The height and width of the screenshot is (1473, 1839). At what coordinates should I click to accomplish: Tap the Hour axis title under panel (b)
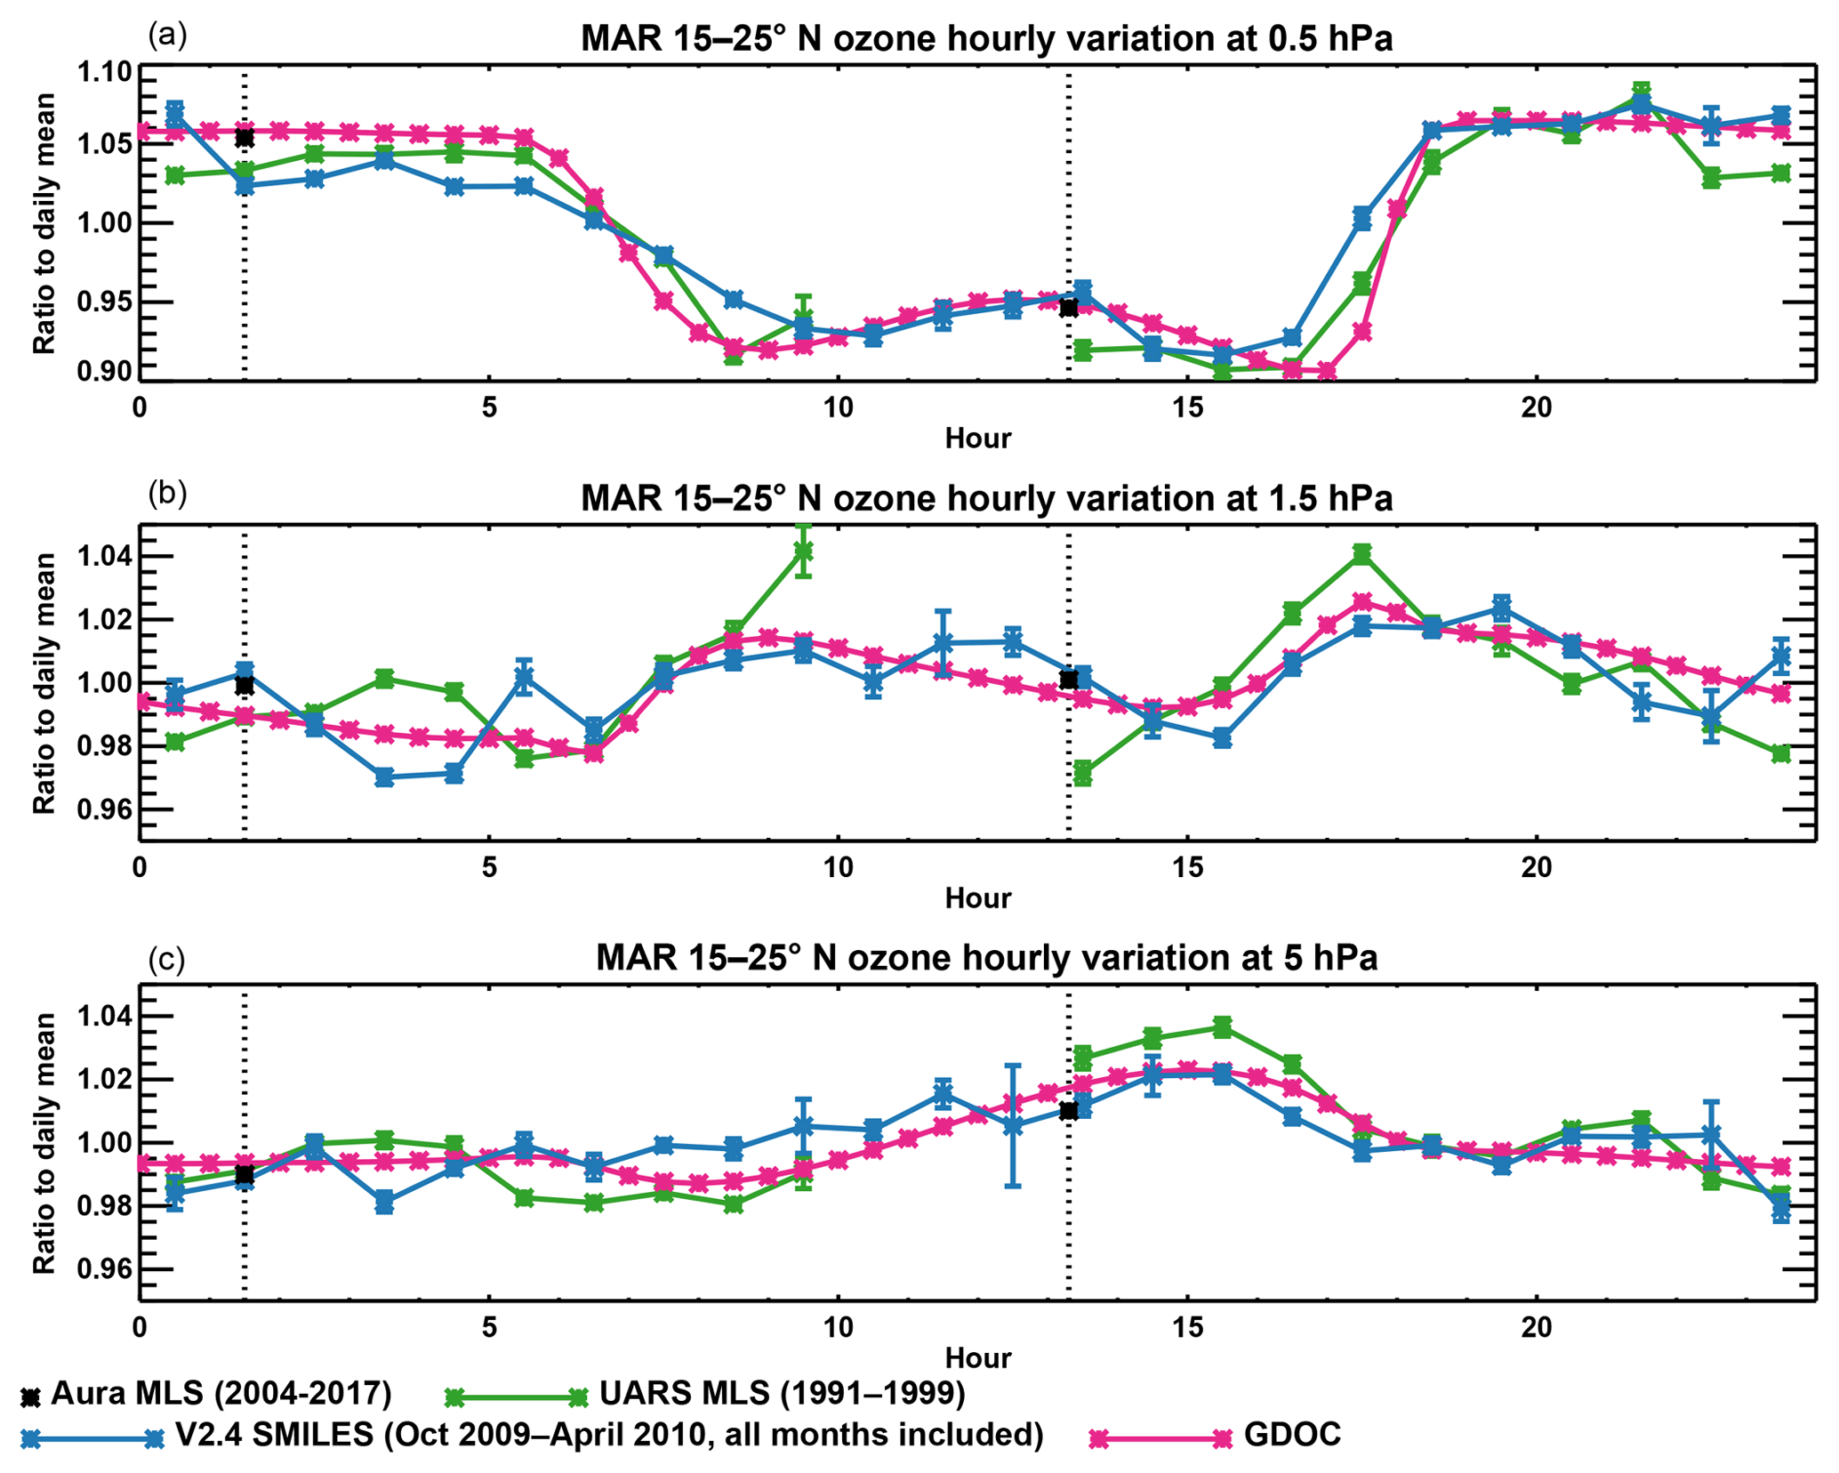tap(977, 897)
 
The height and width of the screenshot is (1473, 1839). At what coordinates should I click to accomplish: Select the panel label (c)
tap(167, 959)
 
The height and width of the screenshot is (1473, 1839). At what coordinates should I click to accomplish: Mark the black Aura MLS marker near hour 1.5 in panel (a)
tap(245, 138)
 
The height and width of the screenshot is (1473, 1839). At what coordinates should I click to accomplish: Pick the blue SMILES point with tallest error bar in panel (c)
tap(1013, 1125)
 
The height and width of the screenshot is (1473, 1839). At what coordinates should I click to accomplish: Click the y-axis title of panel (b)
tap(44, 683)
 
